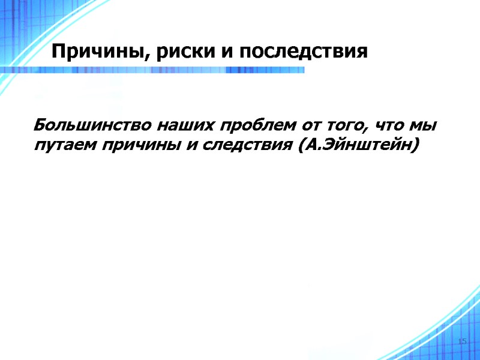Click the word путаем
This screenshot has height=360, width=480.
[65, 146]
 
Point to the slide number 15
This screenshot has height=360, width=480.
[461, 341]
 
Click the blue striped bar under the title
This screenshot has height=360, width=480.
[180, 70]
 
